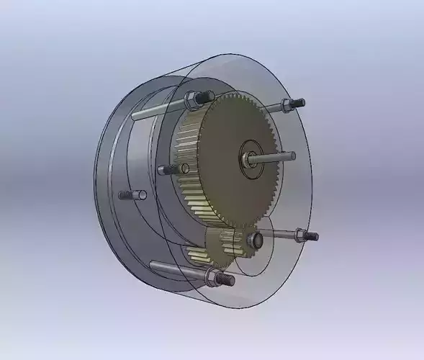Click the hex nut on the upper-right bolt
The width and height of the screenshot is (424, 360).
click(286, 106)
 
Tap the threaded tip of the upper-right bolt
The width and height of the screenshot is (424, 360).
click(298, 103)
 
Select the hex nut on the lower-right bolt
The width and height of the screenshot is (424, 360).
click(300, 234)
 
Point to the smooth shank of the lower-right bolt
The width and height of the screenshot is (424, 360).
click(277, 231)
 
